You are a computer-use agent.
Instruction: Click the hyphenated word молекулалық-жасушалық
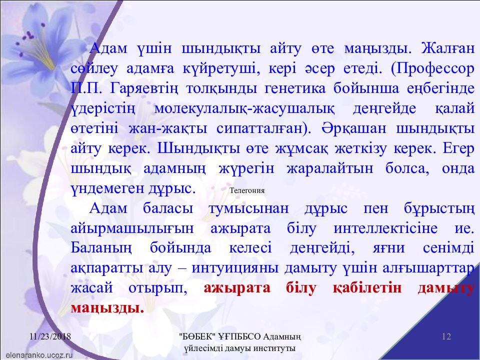click(244, 109)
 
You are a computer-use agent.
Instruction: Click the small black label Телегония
click(247, 190)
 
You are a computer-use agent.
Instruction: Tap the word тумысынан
click(248, 209)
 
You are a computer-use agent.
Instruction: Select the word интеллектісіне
click(385, 228)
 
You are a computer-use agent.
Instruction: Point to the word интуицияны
click(235, 268)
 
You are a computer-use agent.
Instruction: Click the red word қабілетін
click(367, 288)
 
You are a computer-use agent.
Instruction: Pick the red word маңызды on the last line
click(107, 308)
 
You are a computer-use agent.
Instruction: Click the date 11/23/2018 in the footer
click(50, 336)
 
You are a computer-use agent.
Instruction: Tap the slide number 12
click(446, 336)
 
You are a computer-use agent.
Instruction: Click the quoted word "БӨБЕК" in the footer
click(198, 336)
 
